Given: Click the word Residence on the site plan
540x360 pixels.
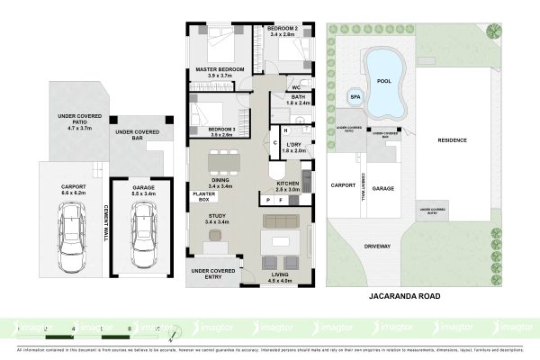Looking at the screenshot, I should coord(452,139).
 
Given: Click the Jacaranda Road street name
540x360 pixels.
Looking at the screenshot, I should coord(402,293).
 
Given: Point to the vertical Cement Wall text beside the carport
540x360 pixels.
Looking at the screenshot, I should coord(107,220).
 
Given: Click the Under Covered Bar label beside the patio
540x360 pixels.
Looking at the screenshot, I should coord(137,136).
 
